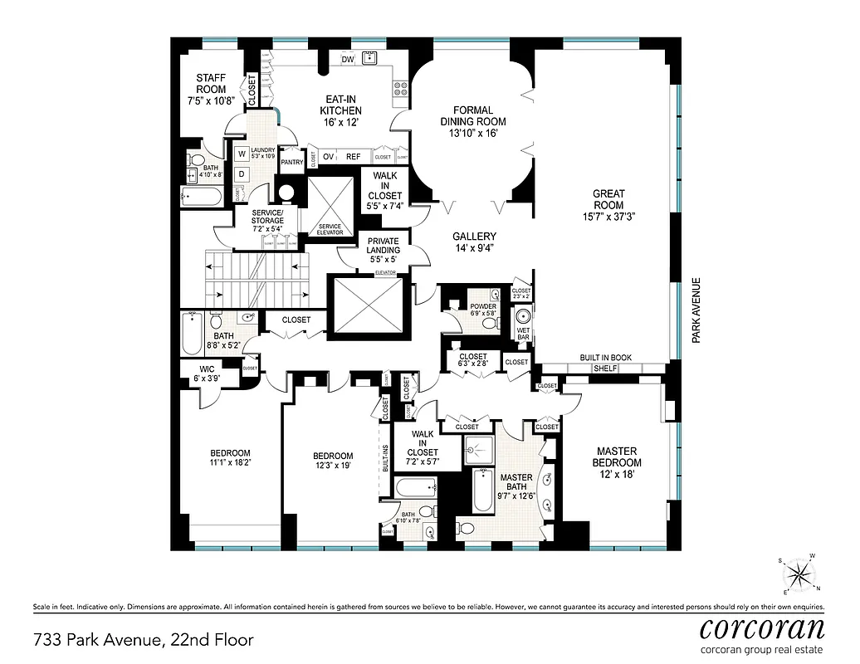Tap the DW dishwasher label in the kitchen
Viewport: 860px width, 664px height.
click(x=348, y=59)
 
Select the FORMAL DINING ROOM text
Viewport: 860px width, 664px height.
click(x=472, y=115)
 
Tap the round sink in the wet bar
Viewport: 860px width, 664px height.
click(x=523, y=317)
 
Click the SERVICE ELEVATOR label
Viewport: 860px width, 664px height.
click(x=330, y=229)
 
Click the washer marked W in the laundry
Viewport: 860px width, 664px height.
click(x=241, y=154)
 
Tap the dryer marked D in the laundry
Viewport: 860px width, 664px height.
click(x=241, y=173)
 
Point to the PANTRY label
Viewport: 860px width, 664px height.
click(x=291, y=163)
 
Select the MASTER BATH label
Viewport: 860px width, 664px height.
click(x=516, y=482)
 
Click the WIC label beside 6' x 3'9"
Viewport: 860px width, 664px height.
click(x=207, y=369)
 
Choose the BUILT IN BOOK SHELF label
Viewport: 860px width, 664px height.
click(x=605, y=363)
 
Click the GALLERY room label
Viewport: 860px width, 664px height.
click(x=474, y=236)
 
